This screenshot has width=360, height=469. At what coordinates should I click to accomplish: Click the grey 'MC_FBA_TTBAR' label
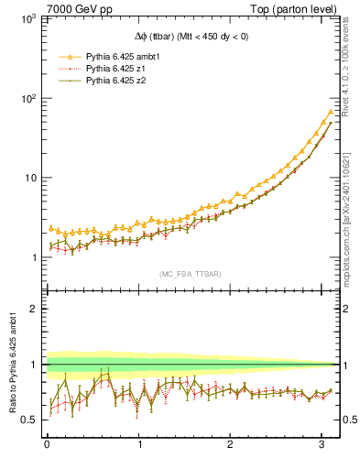(x=189, y=274)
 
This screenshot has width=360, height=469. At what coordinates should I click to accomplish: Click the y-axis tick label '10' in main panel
(x=30, y=178)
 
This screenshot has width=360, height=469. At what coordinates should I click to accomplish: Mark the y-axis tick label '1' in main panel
(x=34, y=257)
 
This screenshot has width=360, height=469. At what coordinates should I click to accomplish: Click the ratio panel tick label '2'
(x=34, y=309)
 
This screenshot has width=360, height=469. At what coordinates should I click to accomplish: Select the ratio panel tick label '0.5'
(x=29, y=420)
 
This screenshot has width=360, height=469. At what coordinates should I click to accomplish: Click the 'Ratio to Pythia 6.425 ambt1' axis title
(x=12, y=364)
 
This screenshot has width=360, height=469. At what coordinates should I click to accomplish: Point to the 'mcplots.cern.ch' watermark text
(x=349, y=229)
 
